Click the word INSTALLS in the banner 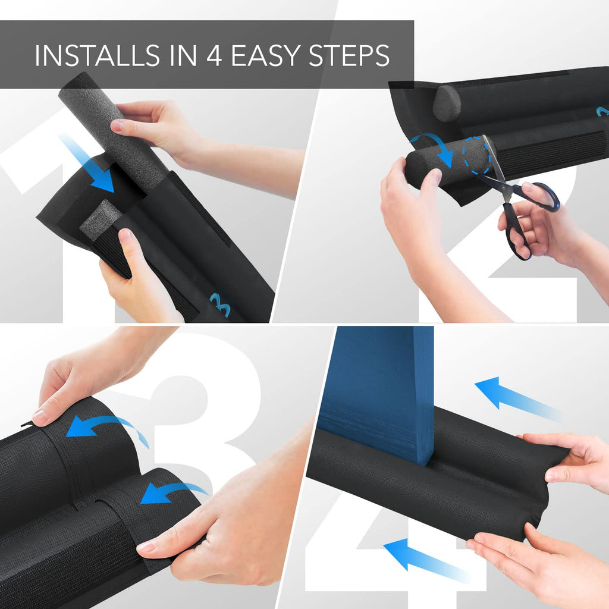(97, 55)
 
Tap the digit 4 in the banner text (214, 55)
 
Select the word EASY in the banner (266, 55)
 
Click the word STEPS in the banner (349, 55)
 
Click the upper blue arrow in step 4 (517, 398)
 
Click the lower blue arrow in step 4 (425, 559)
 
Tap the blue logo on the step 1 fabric (221, 304)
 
